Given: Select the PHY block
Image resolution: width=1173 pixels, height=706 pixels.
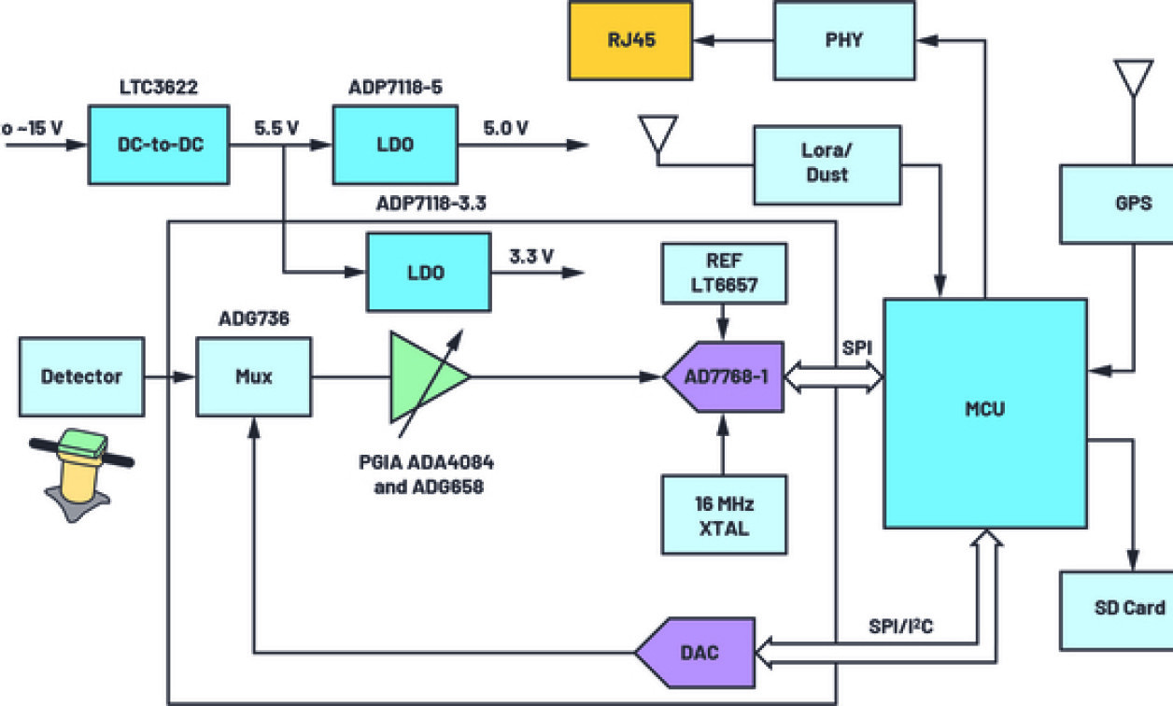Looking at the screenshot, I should coord(843,40).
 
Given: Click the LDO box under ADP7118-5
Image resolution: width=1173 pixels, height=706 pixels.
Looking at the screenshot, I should coord(395,145).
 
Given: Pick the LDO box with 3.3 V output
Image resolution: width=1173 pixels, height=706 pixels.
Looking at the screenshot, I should coord(429,273).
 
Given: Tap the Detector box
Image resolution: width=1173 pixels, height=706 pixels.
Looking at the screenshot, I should coord(82,377).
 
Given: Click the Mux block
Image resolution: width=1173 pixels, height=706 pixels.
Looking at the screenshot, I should coord(253,377).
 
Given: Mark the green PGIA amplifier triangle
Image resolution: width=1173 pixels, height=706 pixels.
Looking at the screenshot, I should coord(426,375).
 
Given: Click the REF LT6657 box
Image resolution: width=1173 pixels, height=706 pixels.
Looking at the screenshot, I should coord(723,273).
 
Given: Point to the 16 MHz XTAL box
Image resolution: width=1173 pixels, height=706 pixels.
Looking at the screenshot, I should coord(723,515).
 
